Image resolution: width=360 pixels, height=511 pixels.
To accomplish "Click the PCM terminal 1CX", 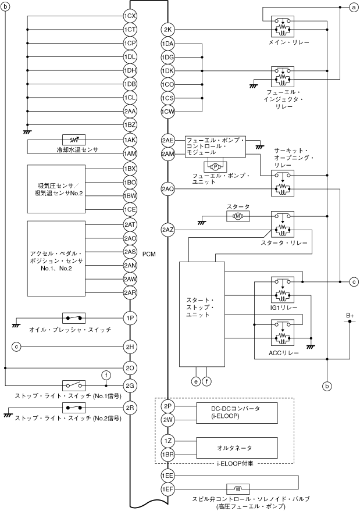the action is pyautogui.click(x=130, y=16).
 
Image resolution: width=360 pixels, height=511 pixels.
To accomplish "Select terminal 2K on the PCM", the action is pyautogui.click(x=167, y=30).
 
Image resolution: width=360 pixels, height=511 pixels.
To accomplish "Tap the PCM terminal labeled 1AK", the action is pyautogui.click(x=130, y=140).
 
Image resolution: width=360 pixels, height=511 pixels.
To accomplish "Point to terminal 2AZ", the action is pyautogui.click(x=167, y=230).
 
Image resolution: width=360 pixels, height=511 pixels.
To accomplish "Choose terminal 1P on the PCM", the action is pyautogui.click(x=130, y=318).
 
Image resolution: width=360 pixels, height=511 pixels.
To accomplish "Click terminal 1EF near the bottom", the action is pyautogui.click(x=167, y=489).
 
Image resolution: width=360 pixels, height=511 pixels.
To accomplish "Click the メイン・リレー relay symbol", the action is pyautogui.click(x=283, y=26).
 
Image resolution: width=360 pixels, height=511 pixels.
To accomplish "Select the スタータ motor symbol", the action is pyautogui.click(x=238, y=216).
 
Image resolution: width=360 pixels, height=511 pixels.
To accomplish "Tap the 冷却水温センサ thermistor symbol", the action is pyautogui.click(x=74, y=140).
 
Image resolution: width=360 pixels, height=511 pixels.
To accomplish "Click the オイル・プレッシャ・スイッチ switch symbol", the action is pyautogui.click(x=74, y=318).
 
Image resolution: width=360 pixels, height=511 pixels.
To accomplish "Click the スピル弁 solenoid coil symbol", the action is pyautogui.click(x=238, y=489).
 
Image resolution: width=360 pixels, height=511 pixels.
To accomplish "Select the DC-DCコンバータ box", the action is pyautogui.click(x=237, y=413).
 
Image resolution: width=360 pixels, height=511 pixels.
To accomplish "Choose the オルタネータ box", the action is pyautogui.click(x=237, y=448).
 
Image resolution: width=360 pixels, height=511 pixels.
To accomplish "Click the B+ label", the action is pyautogui.click(x=350, y=316).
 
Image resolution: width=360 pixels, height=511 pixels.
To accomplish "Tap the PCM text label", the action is pyautogui.click(x=149, y=254).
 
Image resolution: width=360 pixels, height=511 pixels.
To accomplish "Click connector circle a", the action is pyautogui.click(x=354, y=7).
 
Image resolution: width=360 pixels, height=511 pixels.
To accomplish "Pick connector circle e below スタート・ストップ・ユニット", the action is pyautogui.click(x=195, y=381).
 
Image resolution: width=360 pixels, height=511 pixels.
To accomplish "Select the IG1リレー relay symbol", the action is pyautogui.click(x=283, y=290).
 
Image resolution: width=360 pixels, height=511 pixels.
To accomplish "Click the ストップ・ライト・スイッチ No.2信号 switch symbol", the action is pyautogui.click(x=74, y=408).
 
